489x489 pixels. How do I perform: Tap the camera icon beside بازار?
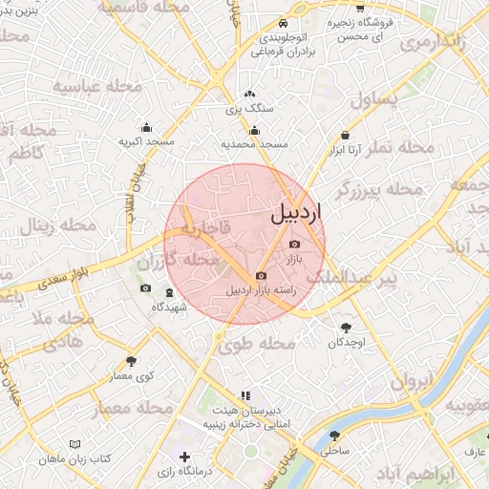coord(293,244)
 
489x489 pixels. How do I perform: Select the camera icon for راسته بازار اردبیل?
coord(262,275)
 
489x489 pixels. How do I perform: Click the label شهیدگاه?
coord(169,308)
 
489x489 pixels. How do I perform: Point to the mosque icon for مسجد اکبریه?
coord(146,127)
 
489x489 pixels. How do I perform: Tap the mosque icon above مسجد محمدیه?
coord(254,131)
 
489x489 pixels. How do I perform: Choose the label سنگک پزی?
coord(250,109)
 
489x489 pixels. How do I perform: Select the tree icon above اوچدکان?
coord(346,328)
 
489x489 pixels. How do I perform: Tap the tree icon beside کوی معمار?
coord(131,361)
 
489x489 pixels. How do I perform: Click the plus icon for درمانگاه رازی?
coord(184,457)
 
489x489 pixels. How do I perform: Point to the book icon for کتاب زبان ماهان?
coord(75,444)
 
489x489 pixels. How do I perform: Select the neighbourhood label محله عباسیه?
coord(96,87)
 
